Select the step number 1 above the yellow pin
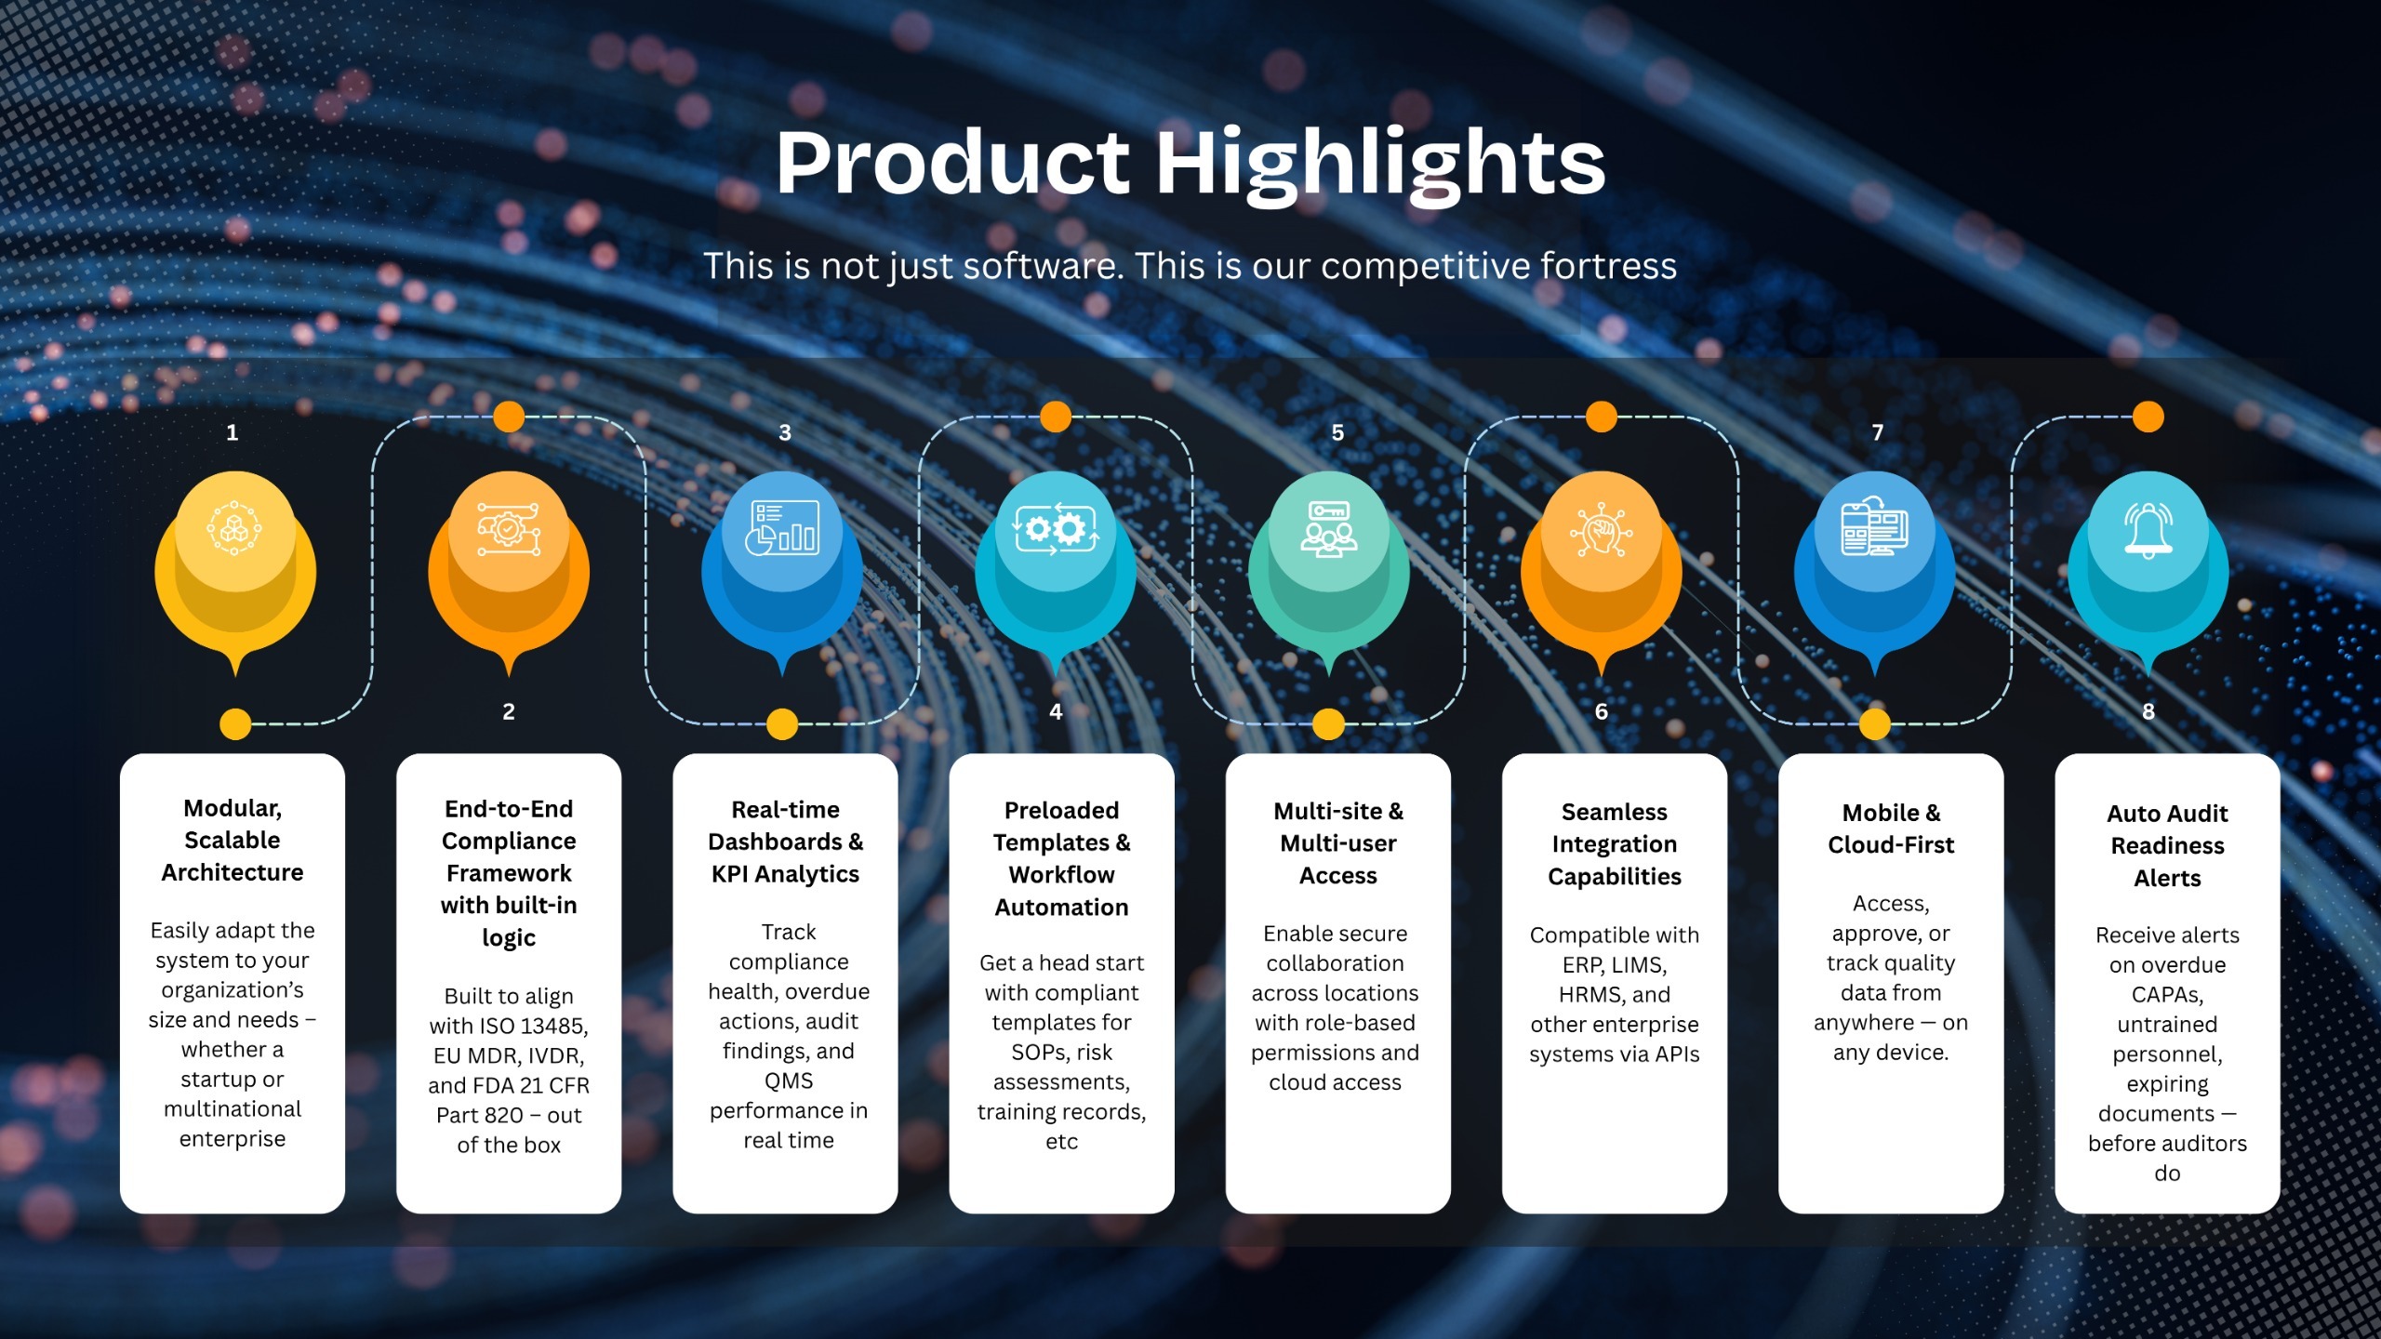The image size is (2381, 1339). (x=233, y=432)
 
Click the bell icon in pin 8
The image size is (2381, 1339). (x=2148, y=529)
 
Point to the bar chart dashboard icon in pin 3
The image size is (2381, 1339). (x=784, y=527)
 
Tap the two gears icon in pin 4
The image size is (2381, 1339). (x=1056, y=529)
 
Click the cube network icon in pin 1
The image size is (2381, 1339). (x=233, y=528)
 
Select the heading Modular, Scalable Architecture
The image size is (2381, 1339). (x=233, y=840)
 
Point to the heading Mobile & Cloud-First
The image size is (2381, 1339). (x=1891, y=829)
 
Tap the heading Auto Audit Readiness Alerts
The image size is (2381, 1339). (x=2167, y=845)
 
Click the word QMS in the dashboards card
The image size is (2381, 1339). (x=789, y=1080)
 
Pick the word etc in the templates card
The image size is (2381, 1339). (x=1061, y=1141)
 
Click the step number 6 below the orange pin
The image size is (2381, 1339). (x=1602, y=711)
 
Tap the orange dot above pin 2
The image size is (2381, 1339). (x=509, y=417)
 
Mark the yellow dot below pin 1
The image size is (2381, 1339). (x=235, y=723)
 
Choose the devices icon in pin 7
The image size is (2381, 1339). (x=1875, y=527)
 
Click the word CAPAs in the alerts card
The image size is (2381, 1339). (x=2167, y=995)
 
